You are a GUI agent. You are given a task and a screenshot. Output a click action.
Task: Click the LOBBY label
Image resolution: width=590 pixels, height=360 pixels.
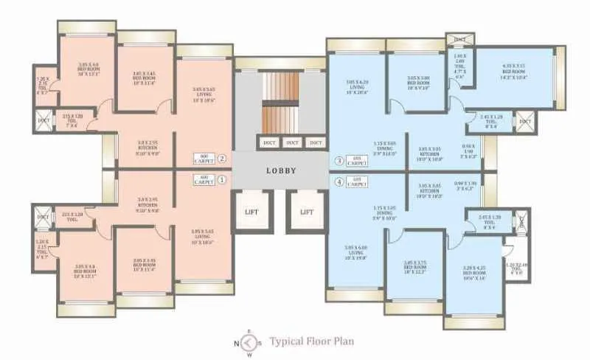281,170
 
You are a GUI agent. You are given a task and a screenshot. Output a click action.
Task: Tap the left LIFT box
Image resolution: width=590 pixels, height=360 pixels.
251,212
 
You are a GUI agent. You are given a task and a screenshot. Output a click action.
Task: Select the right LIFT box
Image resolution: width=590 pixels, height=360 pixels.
306,212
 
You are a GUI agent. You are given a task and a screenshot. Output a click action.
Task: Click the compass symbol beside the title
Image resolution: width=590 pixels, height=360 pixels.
249,342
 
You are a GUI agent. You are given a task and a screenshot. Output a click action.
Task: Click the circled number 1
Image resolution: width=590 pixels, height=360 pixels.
221,179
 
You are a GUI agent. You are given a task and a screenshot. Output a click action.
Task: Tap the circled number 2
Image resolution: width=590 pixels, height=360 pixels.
221,158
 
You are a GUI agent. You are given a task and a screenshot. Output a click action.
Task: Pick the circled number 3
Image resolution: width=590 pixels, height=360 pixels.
339,159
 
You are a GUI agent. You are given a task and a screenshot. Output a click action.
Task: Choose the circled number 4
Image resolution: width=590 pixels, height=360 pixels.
339,181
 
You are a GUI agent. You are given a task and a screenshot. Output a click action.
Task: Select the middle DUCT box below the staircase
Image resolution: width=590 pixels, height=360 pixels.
292,142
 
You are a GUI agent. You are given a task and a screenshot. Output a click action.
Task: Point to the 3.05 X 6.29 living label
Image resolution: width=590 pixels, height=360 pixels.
357,86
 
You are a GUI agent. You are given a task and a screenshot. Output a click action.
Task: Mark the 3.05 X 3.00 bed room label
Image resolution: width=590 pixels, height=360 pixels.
417,82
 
